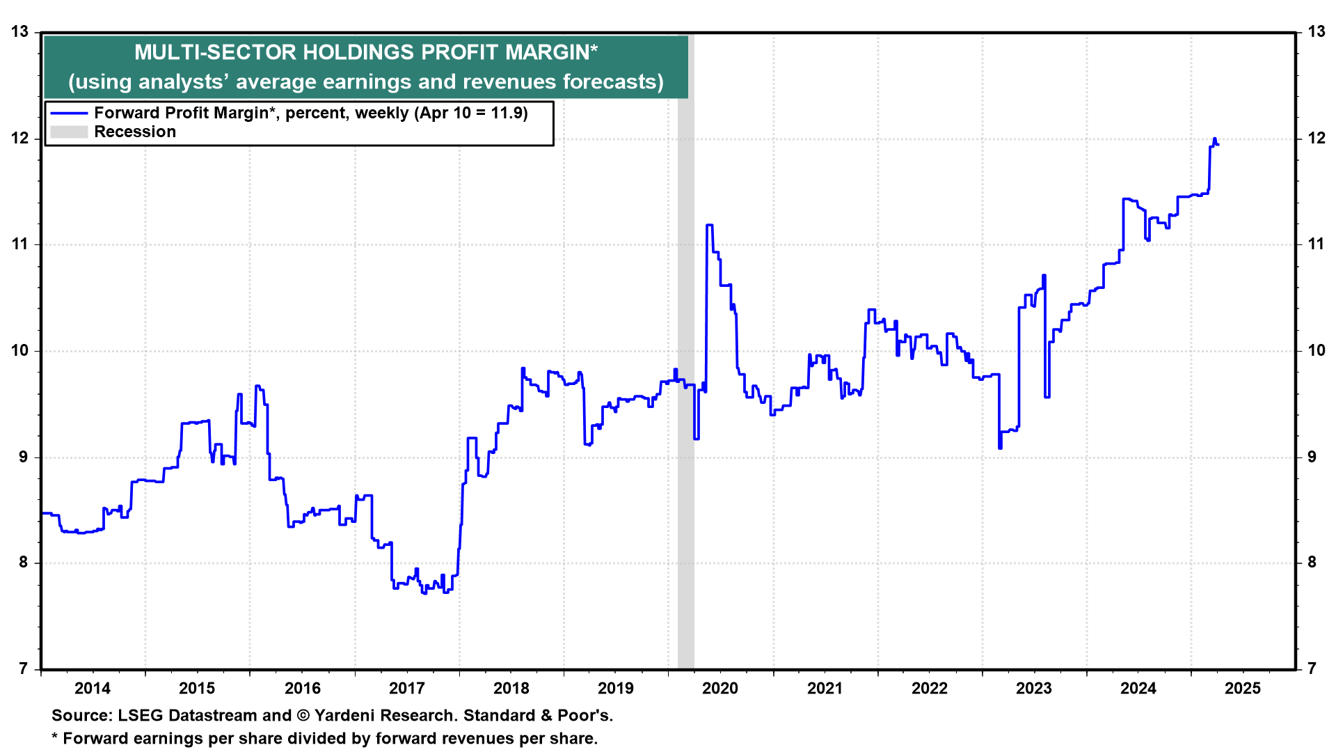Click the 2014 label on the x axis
93,689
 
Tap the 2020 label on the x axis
720,689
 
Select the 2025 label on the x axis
1243,689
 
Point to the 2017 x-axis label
406,689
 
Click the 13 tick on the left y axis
19,31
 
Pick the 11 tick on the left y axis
19,244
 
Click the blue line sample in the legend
69,113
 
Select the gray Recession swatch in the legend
69,132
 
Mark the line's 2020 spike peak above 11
709,225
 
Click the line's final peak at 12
1214,139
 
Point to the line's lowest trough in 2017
424,593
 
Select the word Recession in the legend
135,132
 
